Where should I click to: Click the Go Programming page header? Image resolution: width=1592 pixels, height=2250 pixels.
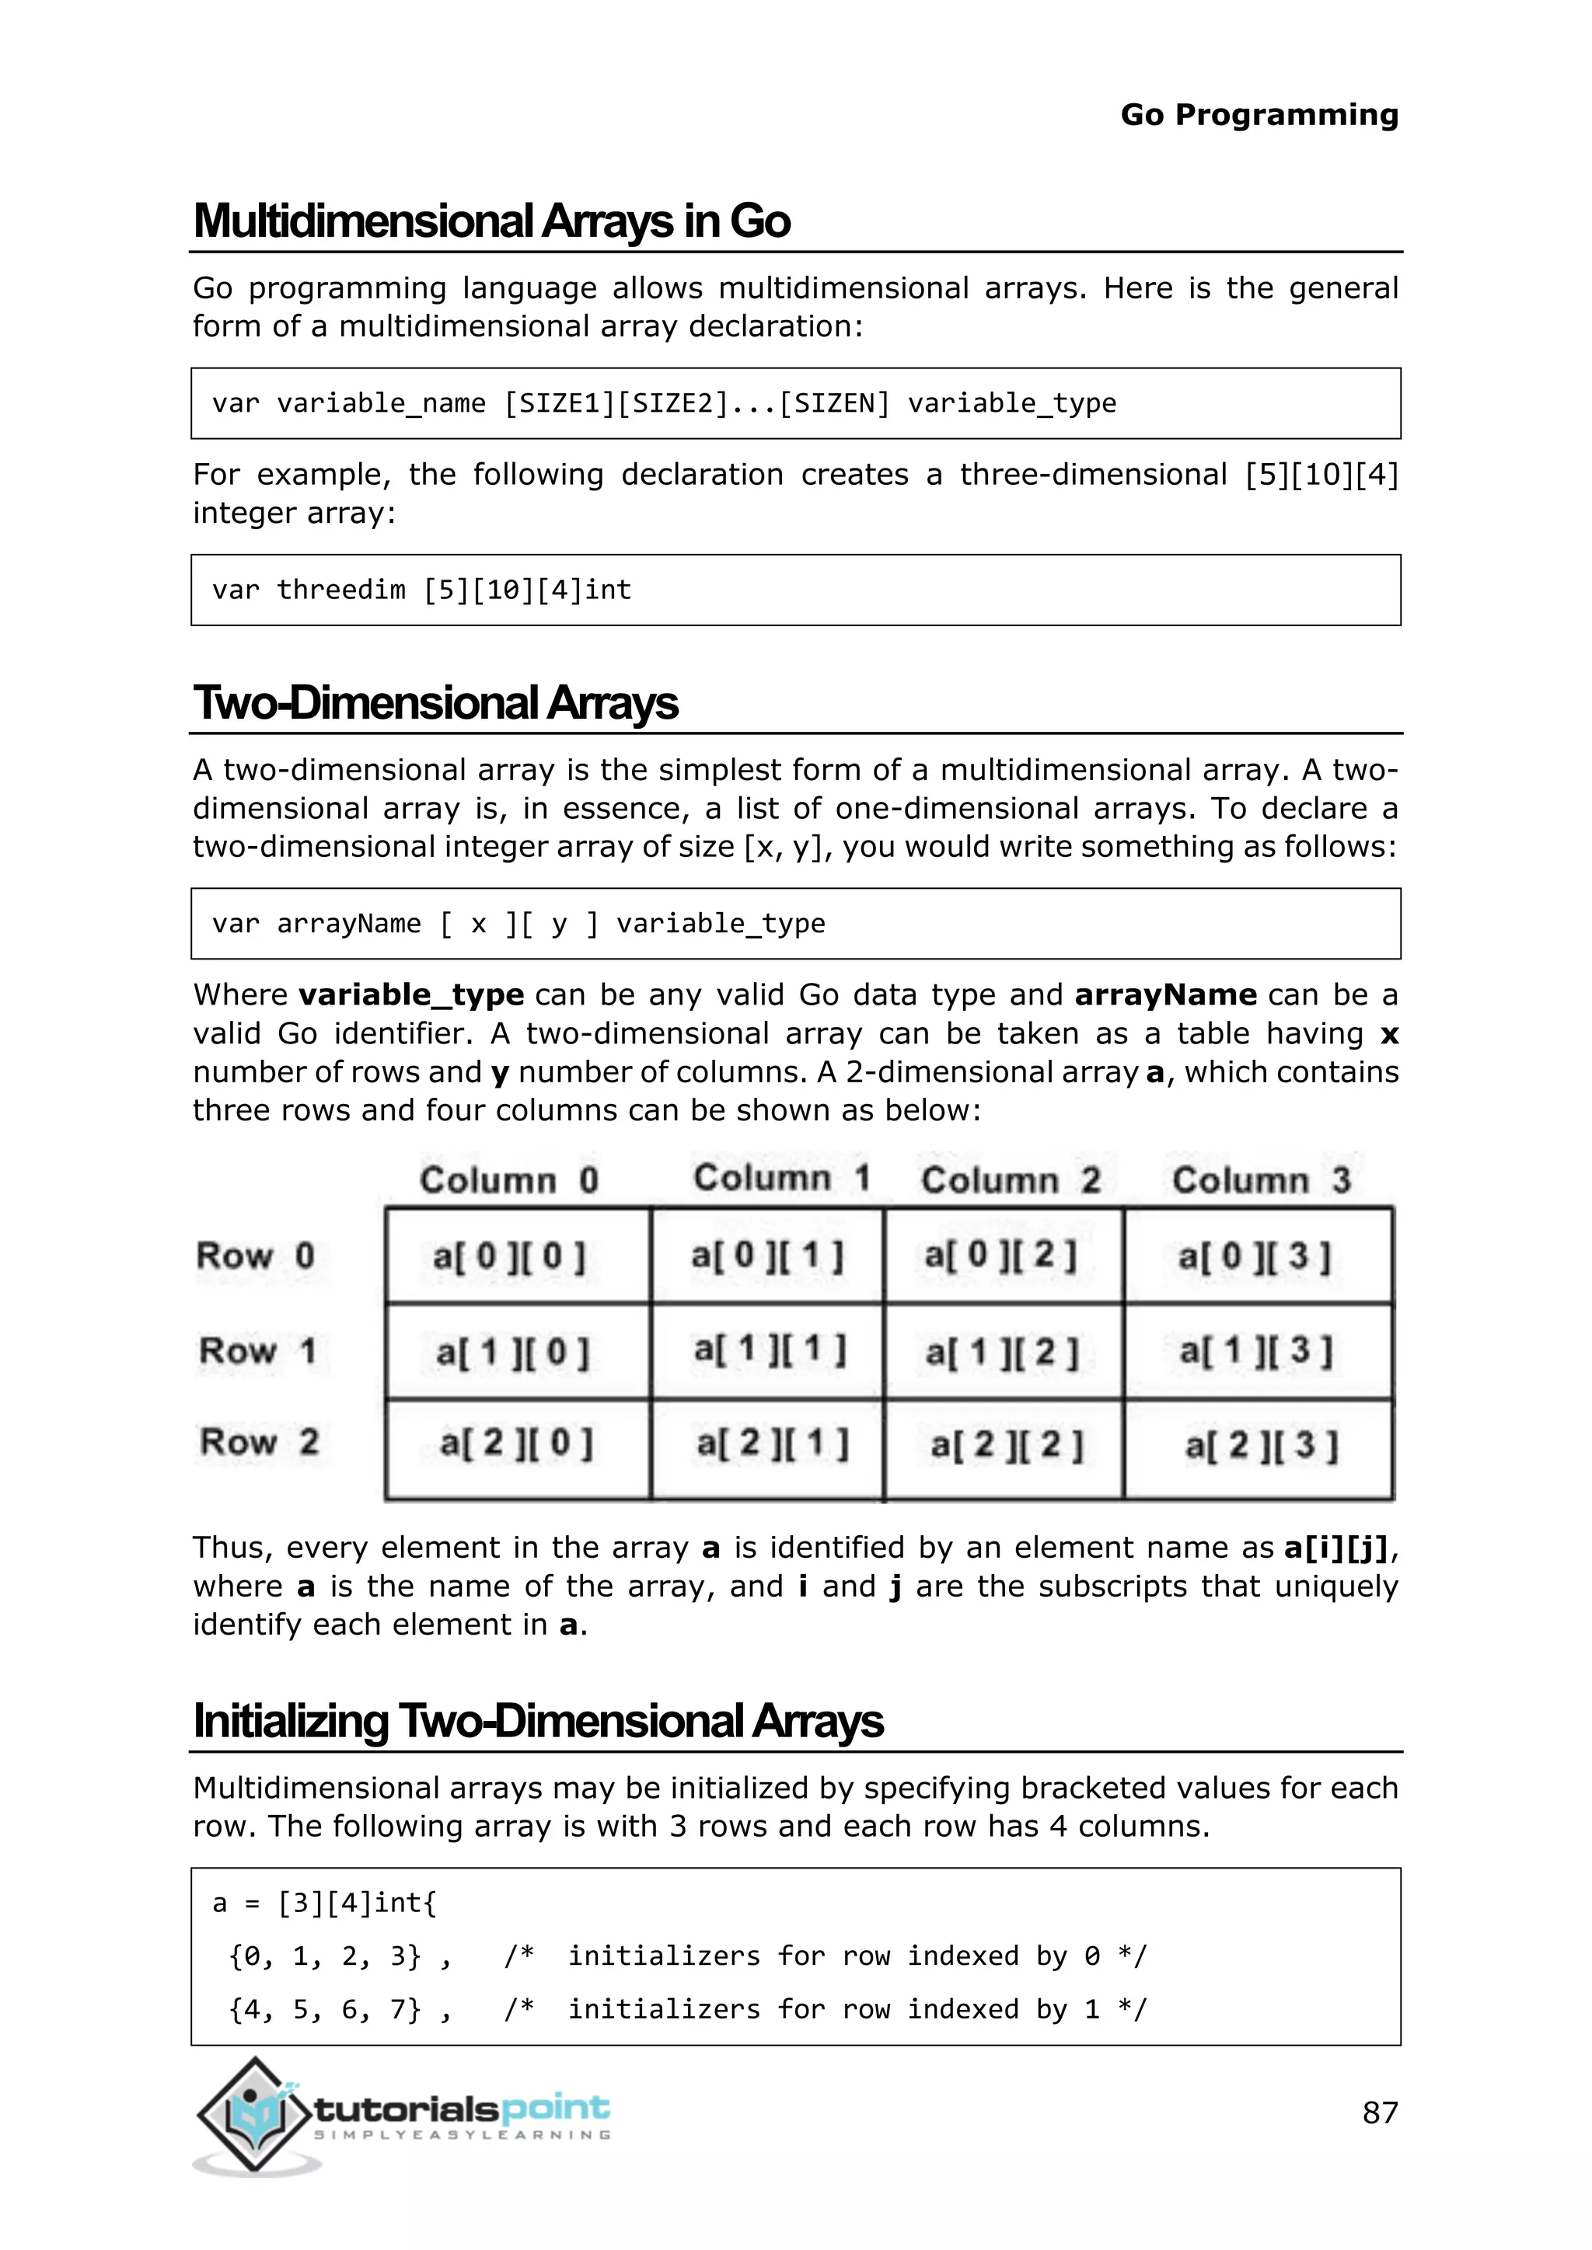pyautogui.click(x=1259, y=115)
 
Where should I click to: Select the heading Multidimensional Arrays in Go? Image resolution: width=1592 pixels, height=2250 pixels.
pyautogui.click(x=491, y=221)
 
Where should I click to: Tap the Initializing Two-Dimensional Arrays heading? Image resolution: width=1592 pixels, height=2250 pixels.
pyautogui.click(x=538, y=1722)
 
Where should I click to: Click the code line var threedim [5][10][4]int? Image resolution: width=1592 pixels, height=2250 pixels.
pyautogui.click(x=421, y=590)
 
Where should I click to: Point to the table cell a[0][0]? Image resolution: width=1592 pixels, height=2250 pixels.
pyautogui.click(x=510, y=1256)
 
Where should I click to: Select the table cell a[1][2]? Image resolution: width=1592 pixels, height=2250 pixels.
pyautogui.click(x=1002, y=1353)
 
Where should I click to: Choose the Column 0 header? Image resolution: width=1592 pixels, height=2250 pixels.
pyautogui.click(x=509, y=1180)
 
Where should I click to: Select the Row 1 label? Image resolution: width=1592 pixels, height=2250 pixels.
pyautogui.click(x=257, y=1350)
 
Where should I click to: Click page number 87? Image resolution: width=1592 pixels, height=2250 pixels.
pyautogui.click(x=1379, y=2112)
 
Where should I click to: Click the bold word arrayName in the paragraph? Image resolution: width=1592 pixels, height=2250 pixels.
pyautogui.click(x=1164, y=996)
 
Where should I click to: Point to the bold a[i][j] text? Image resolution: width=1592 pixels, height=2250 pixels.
pyautogui.click(x=1336, y=1548)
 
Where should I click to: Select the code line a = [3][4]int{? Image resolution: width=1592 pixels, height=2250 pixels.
pyautogui.click(x=324, y=1903)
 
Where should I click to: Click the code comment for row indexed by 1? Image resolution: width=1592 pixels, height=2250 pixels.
pyautogui.click(x=825, y=2009)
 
